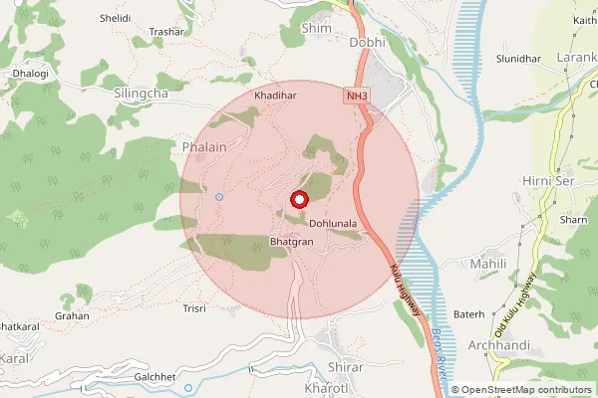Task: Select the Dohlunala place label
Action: (333, 225)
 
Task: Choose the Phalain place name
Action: (206, 147)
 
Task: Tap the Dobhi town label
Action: (368, 43)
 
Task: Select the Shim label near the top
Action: (315, 29)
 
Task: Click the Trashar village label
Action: (167, 32)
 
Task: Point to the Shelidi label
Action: (115, 18)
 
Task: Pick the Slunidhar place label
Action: (518, 59)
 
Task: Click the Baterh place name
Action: (468, 314)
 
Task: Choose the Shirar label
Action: (345, 367)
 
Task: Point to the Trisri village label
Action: (194, 308)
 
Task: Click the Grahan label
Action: (72, 315)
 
